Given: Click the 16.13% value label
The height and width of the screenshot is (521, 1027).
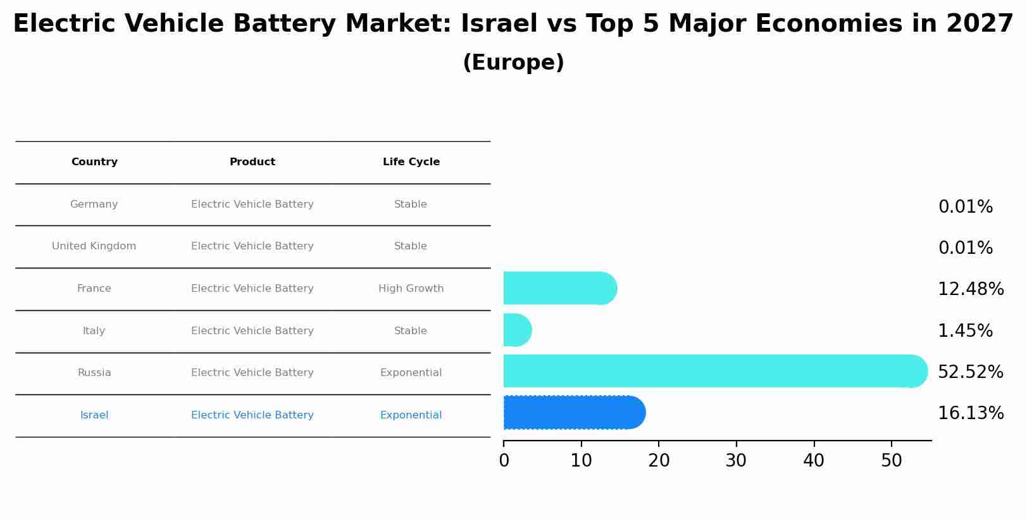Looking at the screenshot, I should (970, 413).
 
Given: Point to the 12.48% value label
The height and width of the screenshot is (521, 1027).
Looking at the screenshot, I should (970, 289).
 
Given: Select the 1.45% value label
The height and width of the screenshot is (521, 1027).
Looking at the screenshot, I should (965, 330).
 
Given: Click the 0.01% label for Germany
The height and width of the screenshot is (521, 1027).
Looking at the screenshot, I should (965, 207).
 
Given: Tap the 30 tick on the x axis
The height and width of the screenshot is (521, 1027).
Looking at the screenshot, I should (736, 461).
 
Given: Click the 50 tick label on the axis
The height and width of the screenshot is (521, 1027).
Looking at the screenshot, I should (891, 461).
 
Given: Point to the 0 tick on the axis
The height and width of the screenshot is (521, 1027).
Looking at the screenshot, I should (504, 461).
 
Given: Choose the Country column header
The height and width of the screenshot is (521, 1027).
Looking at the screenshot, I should (94, 162).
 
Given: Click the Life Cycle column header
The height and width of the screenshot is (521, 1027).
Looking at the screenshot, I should (411, 162).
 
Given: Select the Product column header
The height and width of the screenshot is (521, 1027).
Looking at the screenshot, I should (252, 162).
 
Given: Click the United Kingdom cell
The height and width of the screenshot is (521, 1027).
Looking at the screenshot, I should (94, 246).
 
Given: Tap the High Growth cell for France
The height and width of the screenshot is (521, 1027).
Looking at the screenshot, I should (411, 289).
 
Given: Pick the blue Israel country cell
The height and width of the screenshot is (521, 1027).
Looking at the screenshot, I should (94, 415).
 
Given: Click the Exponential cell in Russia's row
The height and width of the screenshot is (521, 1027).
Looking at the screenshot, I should (411, 373).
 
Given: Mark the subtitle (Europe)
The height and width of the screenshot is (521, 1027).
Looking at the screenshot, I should (513, 63).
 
